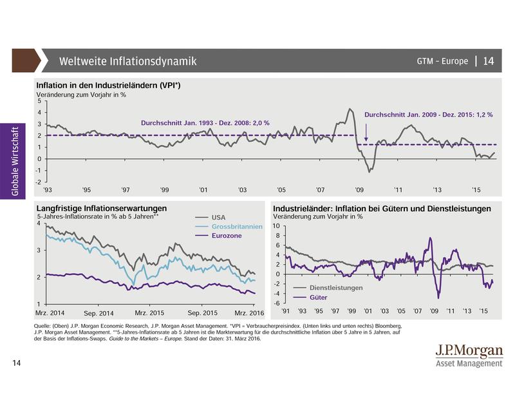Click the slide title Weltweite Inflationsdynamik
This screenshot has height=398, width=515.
[127, 62]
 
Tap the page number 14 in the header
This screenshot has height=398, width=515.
[488, 62]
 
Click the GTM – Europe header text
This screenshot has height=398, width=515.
[443, 62]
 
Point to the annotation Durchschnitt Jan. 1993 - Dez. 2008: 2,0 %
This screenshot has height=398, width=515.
[205, 122]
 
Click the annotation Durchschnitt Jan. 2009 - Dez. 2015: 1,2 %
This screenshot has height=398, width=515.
[428, 115]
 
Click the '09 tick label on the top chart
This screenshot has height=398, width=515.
[359, 191]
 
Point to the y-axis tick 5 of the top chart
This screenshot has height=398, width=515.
[39, 101]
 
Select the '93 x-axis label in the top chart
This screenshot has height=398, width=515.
[48, 191]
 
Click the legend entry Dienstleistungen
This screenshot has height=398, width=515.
[335, 288]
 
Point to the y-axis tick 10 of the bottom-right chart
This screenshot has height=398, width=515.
[276, 226]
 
